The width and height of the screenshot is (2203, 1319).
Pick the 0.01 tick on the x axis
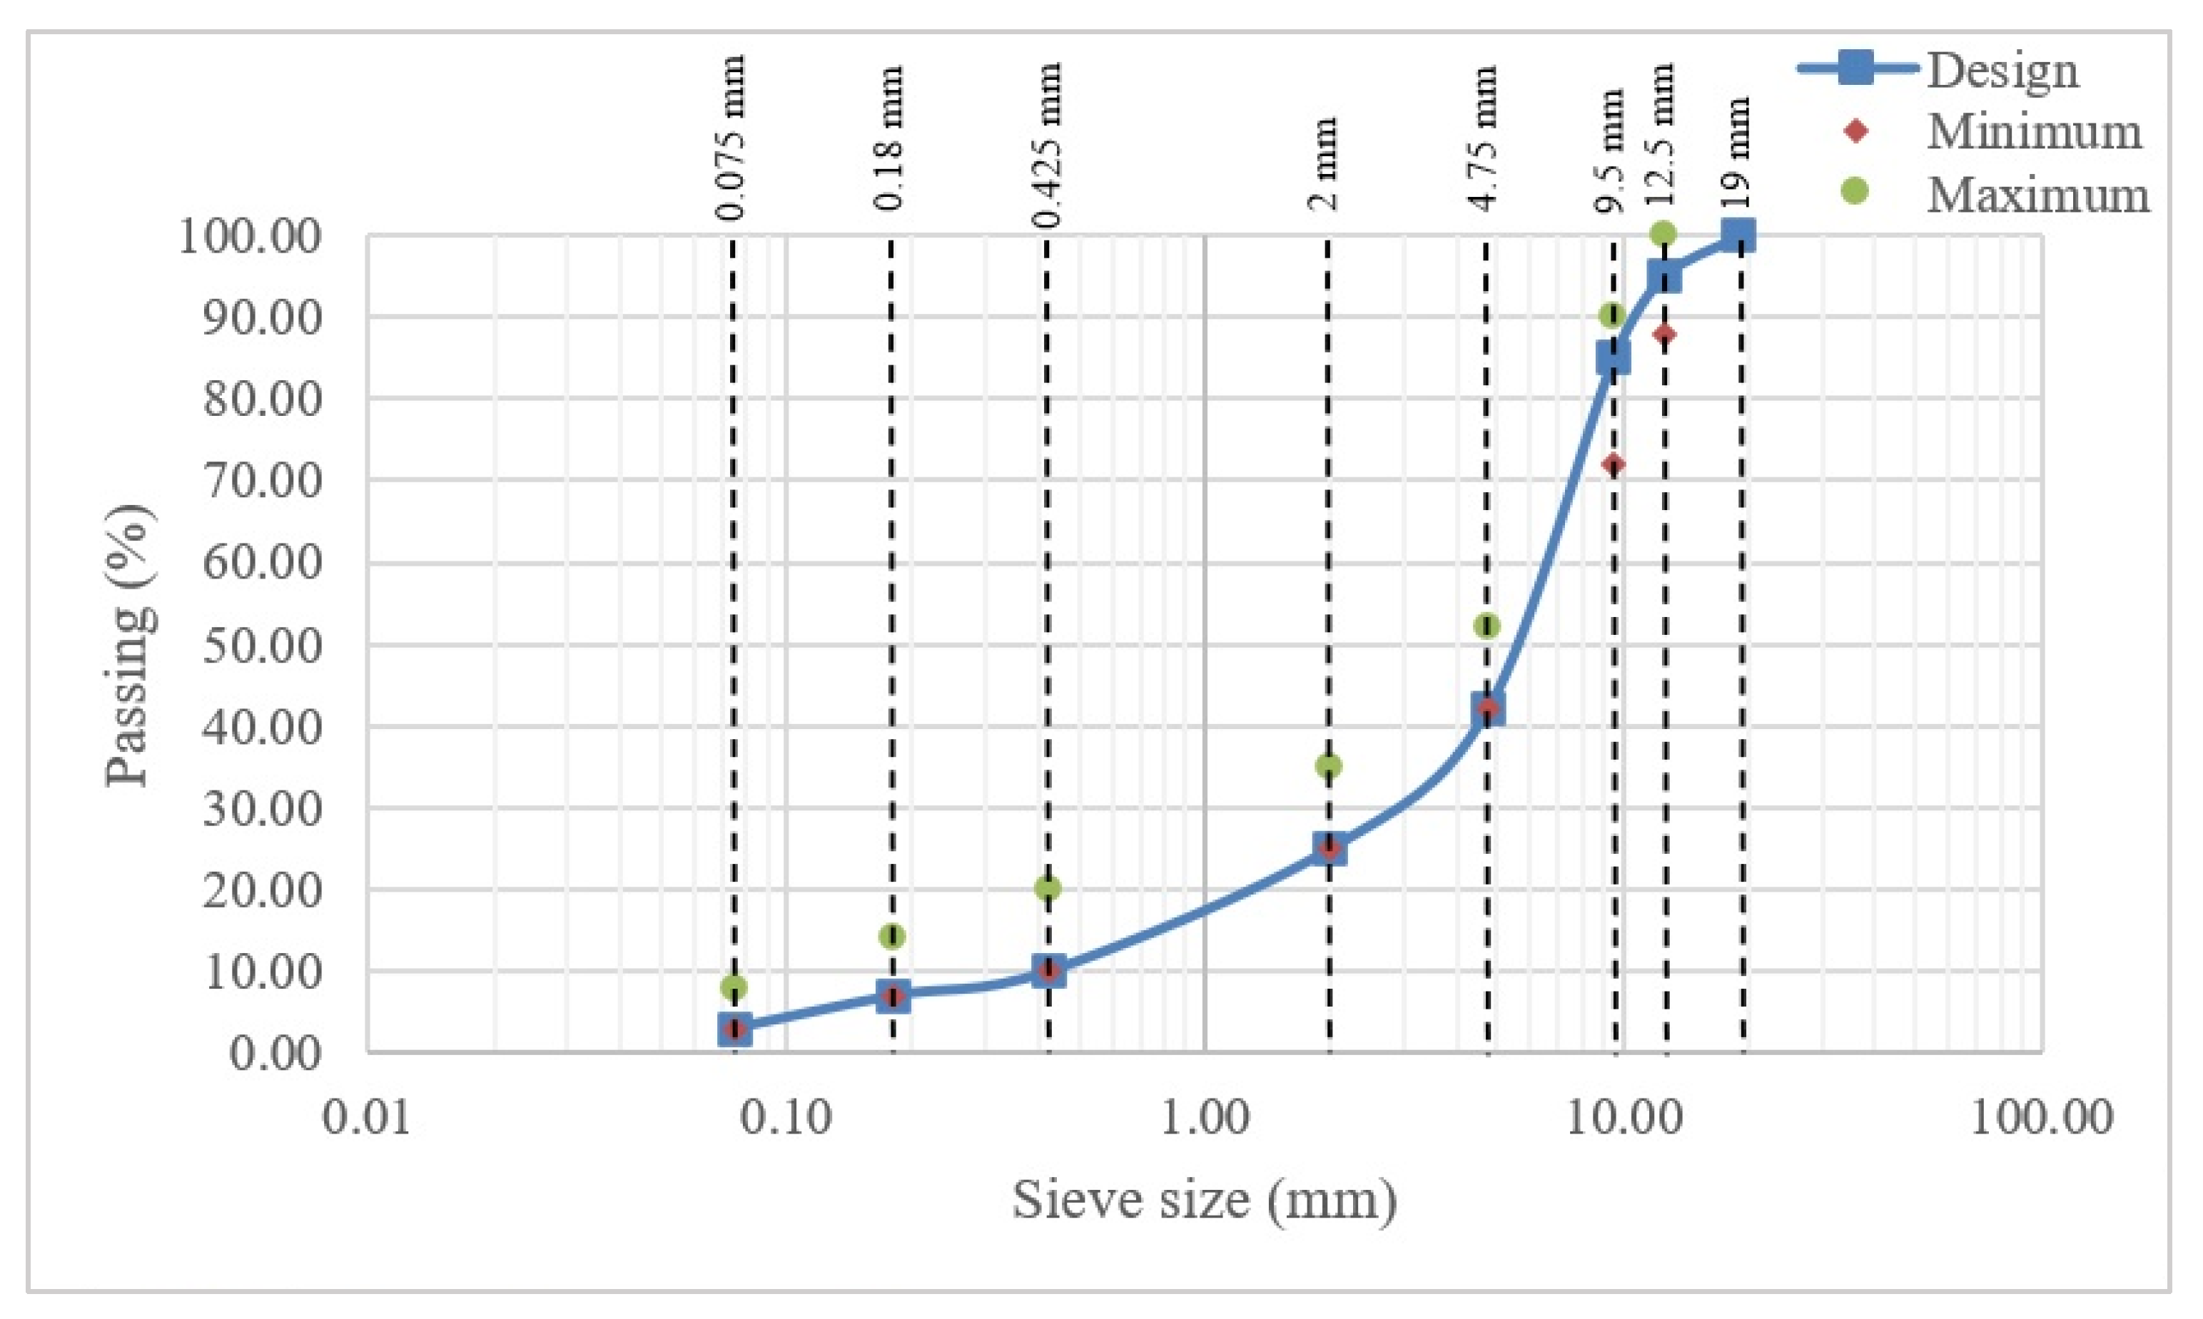point(366,1117)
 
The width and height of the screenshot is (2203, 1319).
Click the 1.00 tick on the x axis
point(1205,1117)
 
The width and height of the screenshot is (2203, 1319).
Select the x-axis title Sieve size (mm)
point(1205,1200)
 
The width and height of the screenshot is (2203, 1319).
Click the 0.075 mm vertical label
point(731,138)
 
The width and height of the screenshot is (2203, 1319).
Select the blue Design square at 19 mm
point(1738,235)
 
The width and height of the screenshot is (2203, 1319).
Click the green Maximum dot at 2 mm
point(1328,765)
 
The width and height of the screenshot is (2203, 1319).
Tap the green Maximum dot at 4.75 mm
point(1487,626)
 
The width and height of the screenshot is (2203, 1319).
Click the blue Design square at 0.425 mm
point(1049,971)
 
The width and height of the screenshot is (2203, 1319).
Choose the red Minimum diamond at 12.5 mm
point(1665,334)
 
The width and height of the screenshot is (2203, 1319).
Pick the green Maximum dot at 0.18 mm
point(892,936)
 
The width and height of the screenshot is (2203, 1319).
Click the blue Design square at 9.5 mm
point(1613,358)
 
